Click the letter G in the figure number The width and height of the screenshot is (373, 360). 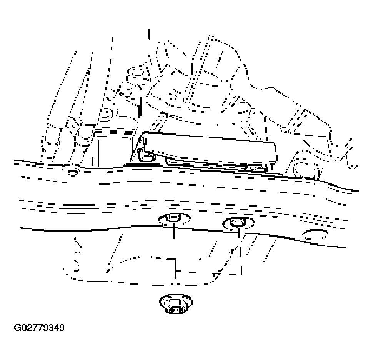point(18,328)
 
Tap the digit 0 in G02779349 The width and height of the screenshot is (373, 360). point(24,328)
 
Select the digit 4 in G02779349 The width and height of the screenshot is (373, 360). point(57,328)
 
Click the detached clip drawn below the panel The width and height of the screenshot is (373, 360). point(176,304)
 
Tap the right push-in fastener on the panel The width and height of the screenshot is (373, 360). point(238,223)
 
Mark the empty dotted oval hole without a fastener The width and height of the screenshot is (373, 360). point(315,234)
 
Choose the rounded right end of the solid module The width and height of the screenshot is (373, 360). point(275,152)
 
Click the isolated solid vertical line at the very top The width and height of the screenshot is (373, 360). point(149,34)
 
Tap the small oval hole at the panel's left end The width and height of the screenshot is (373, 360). point(73,173)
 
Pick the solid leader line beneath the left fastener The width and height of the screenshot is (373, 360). point(174,231)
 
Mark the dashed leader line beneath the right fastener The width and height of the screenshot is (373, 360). point(240,252)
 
